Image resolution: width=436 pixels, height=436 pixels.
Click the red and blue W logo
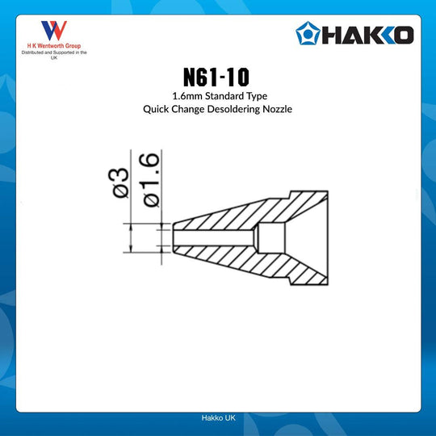[x=54, y=31]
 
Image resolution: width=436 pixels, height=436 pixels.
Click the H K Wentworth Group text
[x=54, y=47]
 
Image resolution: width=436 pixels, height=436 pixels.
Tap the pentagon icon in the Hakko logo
[x=308, y=35]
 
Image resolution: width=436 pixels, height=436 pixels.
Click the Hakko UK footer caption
[x=218, y=418]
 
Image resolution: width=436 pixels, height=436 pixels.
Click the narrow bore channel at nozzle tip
[x=214, y=238]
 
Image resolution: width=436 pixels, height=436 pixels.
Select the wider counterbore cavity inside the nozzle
[x=272, y=238]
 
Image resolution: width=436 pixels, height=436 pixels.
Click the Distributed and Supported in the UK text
[x=54, y=55]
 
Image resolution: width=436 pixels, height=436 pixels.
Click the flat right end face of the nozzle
[x=329, y=238]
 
